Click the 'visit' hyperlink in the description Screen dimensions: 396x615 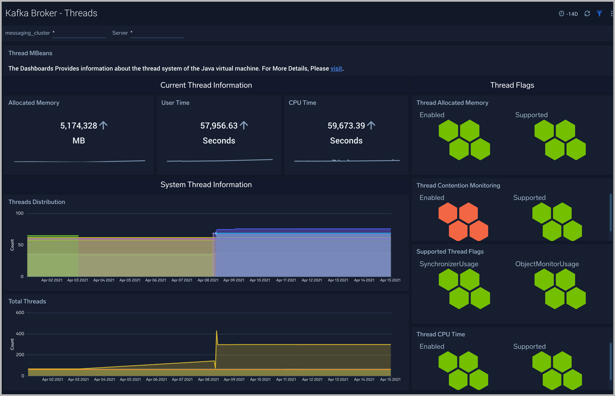(x=336, y=68)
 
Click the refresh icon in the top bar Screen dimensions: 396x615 (x=587, y=14)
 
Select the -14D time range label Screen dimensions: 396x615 (x=572, y=14)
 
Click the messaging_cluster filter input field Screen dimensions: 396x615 (x=79, y=33)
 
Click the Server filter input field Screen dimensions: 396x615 (x=157, y=33)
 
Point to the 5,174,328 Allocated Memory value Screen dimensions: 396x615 (x=79, y=126)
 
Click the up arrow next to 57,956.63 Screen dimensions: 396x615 (x=244, y=126)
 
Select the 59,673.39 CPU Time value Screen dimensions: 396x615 (x=346, y=126)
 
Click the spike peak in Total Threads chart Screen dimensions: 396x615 (x=217, y=331)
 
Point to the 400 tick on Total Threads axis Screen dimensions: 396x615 (x=20, y=334)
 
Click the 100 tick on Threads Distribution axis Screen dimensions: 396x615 (x=19, y=213)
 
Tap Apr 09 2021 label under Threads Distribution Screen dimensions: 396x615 (x=234, y=280)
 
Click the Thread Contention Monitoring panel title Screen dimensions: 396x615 (x=458, y=185)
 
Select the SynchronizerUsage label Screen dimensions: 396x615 (x=449, y=264)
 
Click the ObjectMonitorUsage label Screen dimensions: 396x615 (x=547, y=264)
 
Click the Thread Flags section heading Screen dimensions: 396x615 (x=512, y=85)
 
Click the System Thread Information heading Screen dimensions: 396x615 (x=206, y=185)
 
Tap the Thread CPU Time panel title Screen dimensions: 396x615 (x=440, y=334)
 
